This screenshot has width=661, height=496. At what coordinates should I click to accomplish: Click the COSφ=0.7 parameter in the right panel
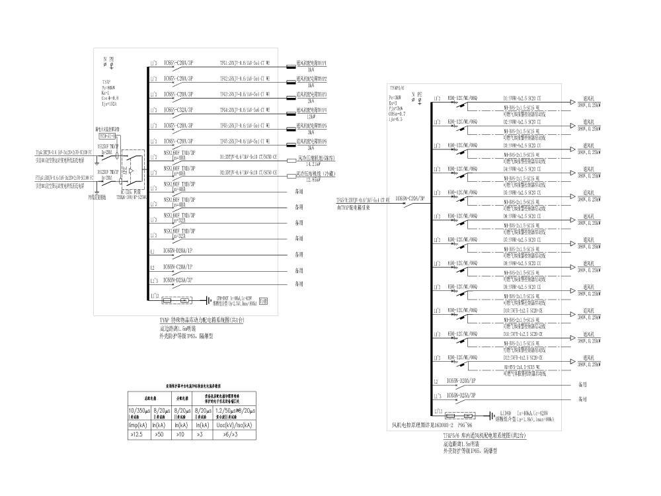[x=397, y=113]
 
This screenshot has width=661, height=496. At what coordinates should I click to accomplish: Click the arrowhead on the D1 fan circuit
[x=572, y=103]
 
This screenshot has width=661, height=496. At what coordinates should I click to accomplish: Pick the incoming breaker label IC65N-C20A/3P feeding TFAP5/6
[x=410, y=198]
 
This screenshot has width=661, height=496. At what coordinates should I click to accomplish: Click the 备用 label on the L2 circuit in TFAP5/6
[x=582, y=384]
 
